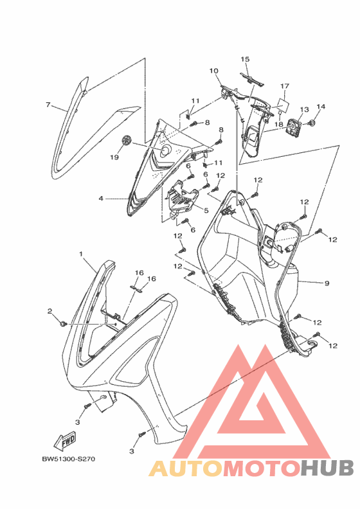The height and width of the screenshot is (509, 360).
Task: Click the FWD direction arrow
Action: click(65, 441)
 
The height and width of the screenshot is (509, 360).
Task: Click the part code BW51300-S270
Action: click(69, 459)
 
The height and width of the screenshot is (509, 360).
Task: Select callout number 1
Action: click(81, 253)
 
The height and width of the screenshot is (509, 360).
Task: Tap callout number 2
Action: click(50, 311)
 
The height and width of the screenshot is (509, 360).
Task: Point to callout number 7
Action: click(48, 105)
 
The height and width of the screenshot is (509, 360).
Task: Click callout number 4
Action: click(101, 198)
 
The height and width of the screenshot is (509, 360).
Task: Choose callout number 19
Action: click(114, 157)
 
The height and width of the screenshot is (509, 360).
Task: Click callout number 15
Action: click(245, 59)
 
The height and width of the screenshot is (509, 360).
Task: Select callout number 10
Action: click(213, 71)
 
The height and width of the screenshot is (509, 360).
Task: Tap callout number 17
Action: click(285, 86)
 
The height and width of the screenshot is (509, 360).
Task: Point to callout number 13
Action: click(305, 109)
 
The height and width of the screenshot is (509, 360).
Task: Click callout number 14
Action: click(321, 107)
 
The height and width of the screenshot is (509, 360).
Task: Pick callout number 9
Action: click(327, 283)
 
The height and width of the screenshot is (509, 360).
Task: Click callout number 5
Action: click(206, 210)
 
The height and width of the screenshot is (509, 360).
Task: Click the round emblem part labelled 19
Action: click(126, 141)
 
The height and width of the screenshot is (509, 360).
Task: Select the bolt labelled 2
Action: click(64, 324)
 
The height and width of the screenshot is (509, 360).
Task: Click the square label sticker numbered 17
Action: click(283, 105)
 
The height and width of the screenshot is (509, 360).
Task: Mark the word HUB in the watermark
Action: click(327, 469)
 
